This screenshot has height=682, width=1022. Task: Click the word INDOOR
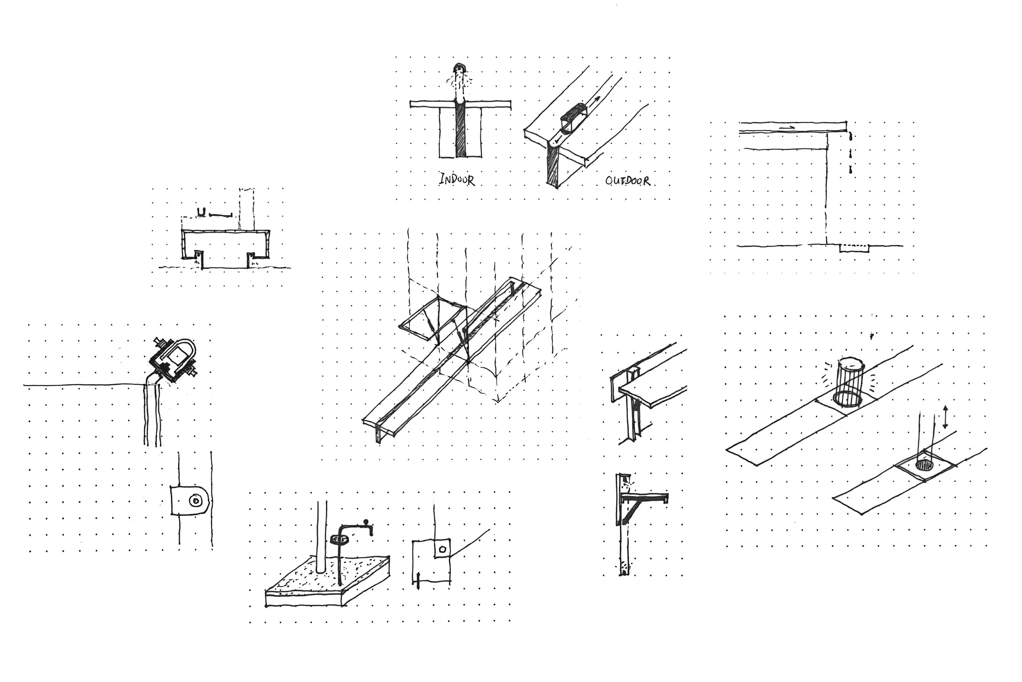pos(457,179)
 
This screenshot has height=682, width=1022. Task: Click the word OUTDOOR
pos(628,180)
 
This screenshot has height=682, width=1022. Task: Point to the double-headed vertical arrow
pos(945,417)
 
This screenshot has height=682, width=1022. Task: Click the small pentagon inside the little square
pos(442,549)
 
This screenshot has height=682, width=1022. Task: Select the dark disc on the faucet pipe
pos(340,540)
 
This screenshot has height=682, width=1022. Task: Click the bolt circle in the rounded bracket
pos(195,501)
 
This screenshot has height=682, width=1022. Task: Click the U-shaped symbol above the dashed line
pos(201,212)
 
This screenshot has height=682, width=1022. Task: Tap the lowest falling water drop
pos(850,170)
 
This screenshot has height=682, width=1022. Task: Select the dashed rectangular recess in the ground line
pos(854,248)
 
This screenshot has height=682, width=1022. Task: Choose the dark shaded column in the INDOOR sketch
pos(460,131)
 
